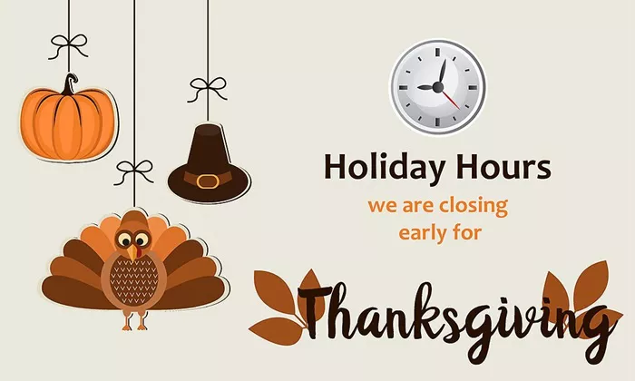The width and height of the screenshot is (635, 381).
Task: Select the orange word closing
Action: [474, 206]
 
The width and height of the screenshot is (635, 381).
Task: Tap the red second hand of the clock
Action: [450, 98]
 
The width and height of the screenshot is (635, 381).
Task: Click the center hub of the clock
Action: [438, 87]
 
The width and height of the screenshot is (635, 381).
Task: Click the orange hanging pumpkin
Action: [68, 122]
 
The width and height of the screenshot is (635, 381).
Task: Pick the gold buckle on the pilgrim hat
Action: [208, 181]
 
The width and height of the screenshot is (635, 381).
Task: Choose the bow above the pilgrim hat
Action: [208, 89]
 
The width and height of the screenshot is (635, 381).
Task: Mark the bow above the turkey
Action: [134, 171]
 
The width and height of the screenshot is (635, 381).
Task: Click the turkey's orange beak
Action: [132, 253]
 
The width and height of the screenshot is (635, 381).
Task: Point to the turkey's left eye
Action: [125, 239]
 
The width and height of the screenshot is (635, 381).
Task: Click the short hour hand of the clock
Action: [427, 87]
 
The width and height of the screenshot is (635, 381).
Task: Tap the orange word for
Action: [468, 232]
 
